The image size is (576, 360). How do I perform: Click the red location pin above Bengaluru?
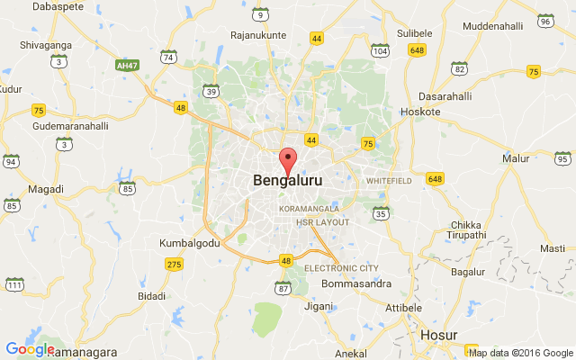[288, 161]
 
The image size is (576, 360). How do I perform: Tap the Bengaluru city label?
[288, 181]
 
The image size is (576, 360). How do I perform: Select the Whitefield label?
[388, 181]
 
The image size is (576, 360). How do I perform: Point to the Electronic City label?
[341, 268]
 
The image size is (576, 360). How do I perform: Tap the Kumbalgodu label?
[189, 244]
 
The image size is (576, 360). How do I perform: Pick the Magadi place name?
[46, 189]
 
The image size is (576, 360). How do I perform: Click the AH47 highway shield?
[128, 65]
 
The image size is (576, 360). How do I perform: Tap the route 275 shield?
[175, 264]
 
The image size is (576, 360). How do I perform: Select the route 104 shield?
[380, 52]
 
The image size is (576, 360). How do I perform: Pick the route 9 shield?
[260, 15]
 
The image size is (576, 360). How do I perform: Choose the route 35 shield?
[381, 213]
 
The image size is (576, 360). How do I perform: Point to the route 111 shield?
[14, 285]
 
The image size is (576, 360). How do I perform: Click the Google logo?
[30, 349]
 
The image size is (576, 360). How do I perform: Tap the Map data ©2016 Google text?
[520, 353]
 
